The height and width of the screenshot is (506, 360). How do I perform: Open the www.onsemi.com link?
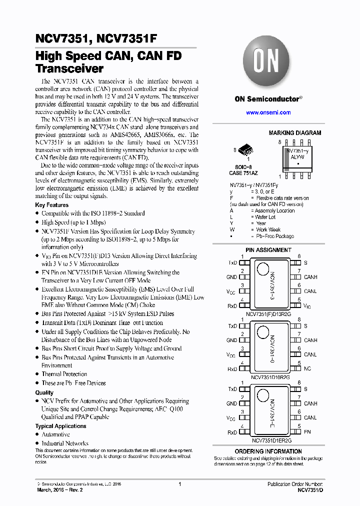click(268, 112)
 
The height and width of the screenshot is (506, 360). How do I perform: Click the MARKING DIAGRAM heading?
click(294, 133)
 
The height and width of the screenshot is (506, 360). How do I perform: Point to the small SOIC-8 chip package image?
click(244, 149)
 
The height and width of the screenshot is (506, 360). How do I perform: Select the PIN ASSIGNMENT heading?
click(268, 250)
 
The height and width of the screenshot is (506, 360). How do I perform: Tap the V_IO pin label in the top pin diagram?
click(307, 306)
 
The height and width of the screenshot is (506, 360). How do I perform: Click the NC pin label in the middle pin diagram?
click(307, 369)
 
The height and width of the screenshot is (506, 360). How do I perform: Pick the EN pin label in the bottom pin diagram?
click(307, 432)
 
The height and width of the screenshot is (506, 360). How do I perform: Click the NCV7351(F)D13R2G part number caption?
click(268, 314)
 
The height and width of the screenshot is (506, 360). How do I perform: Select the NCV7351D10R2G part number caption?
click(270, 377)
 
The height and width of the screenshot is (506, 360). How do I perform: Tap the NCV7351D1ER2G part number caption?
click(270, 440)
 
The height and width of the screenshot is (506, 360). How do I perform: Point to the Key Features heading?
click(51, 205)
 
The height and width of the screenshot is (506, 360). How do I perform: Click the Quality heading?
click(44, 392)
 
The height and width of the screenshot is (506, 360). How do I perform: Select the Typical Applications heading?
click(60, 426)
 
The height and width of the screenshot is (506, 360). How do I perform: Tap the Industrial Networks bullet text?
click(65, 443)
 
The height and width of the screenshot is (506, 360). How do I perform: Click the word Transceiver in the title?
click(69, 69)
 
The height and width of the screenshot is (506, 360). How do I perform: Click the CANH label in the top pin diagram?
click(310, 277)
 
